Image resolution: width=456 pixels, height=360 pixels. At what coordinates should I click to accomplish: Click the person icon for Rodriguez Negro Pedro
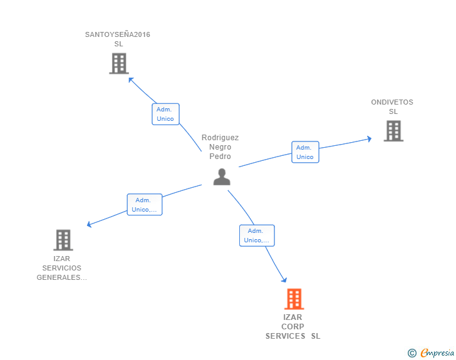pyautogui.click(x=222, y=177)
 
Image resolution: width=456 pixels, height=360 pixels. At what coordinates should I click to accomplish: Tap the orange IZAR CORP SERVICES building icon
pyautogui.click(x=294, y=299)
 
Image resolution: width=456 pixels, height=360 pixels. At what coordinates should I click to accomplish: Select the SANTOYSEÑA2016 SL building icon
pyautogui.click(x=119, y=63)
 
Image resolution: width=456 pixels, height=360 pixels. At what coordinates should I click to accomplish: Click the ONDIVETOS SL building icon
pyautogui.click(x=393, y=131)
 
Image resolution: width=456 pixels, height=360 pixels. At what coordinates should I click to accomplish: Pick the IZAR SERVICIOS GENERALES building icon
pyautogui.click(x=63, y=240)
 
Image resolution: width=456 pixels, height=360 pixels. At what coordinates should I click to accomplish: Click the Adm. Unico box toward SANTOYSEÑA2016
pyautogui.click(x=165, y=114)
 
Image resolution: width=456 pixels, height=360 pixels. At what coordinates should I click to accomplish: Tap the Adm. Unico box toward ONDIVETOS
pyautogui.click(x=306, y=152)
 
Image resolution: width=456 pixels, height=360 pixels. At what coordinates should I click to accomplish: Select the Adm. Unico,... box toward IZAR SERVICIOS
pyautogui.click(x=145, y=205)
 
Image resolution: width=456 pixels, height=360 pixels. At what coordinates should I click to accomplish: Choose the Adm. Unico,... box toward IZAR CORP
pyautogui.click(x=257, y=235)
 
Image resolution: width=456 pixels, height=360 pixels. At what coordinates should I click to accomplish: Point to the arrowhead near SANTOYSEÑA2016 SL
pyautogui.click(x=131, y=80)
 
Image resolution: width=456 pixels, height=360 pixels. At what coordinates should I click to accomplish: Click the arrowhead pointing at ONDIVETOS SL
pyautogui.click(x=370, y=139)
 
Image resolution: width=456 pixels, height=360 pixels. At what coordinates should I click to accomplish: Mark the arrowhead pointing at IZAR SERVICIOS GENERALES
pyautogui.click(x=90, y=224)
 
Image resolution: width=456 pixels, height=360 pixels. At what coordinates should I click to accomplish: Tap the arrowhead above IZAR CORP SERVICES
pyautogui.click(x=284, y=280)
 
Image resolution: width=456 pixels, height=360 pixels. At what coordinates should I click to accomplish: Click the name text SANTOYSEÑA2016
pyautogui.click(x=118, y=34)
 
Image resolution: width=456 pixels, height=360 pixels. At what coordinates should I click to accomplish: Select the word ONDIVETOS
pyautogui.click(x=392, y=102)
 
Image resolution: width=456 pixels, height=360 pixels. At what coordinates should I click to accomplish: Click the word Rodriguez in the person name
pyautogui.click(x=220, y=138)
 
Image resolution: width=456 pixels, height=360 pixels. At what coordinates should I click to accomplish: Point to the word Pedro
pyautogui.click(x=220, y=157)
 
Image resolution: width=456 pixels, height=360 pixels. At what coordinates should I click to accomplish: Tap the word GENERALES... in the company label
pyautogui.click(x=61, y=277)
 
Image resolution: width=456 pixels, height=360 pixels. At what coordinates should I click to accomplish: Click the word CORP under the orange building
pyautogui.click(x=293, y=327)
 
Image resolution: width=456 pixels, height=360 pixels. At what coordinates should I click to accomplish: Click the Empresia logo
pyautogui.click(x=431, y=352)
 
